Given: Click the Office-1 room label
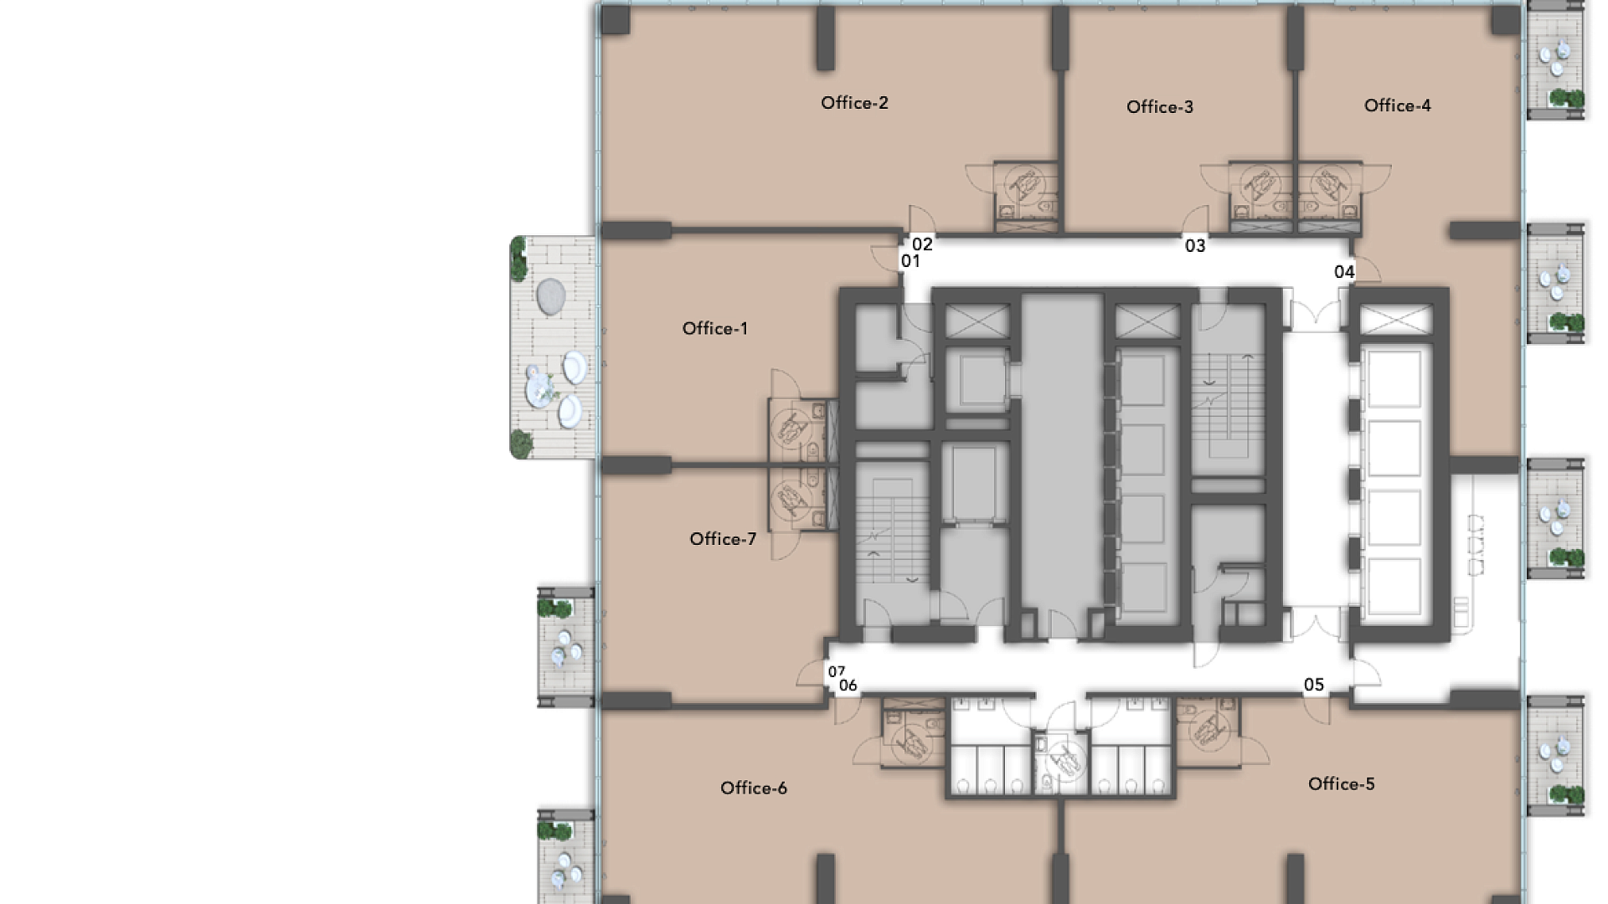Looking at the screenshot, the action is pos(714,328).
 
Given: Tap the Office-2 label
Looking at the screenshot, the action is pos(854,103).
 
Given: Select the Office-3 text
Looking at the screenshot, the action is pos(1159,107).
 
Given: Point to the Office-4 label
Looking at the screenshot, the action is pos(1397,105).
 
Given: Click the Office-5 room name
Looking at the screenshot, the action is pos(1341,784).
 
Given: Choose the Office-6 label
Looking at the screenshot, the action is pos(753,788).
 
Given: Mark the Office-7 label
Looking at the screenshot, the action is pos(722,539).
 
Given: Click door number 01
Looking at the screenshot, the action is pos(910,261).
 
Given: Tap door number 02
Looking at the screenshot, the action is pos(922,244).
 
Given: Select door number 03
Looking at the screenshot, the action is pos(1195,246).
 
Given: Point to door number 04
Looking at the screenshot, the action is pos(1344,272).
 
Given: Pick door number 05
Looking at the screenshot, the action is pos(1314,686).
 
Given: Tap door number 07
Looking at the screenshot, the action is pos(837,671).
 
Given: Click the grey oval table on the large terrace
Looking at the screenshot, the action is pos(550,296).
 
